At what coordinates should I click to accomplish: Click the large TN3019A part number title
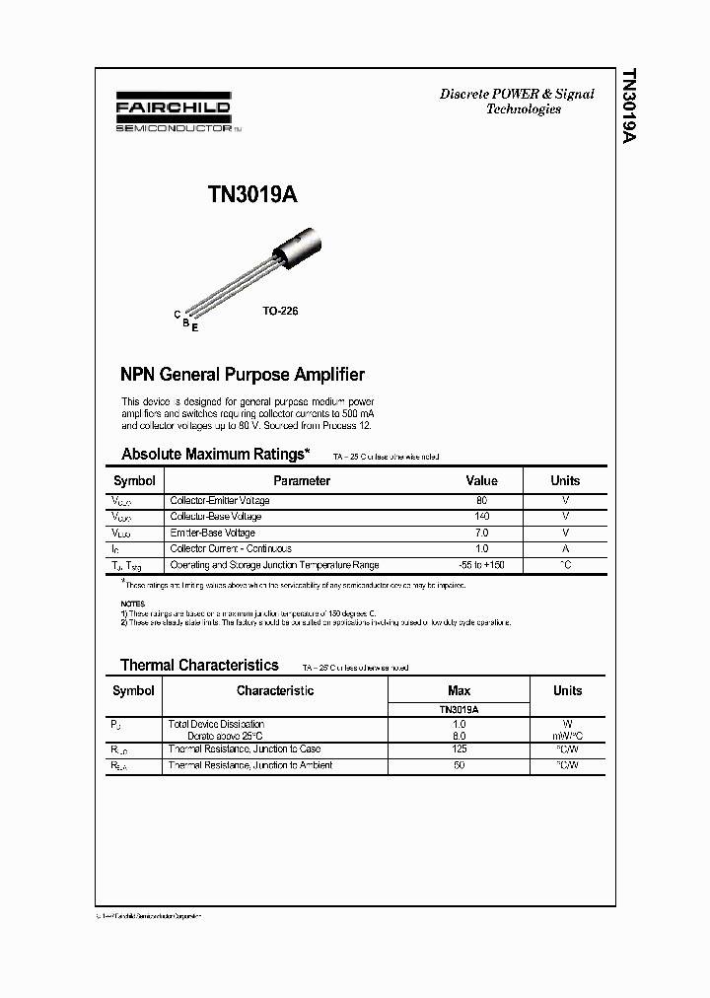click(x=252, y=195)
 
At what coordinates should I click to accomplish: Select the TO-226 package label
click(x=280, y=311)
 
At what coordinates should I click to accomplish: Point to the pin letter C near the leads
click(x=177, y=315)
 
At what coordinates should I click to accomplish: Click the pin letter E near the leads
click(x=195, y=327)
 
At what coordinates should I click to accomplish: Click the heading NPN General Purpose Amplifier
click(x=243, y=375)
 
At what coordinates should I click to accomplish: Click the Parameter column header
click(x=302, y=481)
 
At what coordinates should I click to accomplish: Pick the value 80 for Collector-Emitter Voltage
click(x=481, y=501)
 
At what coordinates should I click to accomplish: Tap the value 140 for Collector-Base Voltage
click(x=481, y=517)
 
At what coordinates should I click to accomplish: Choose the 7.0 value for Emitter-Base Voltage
click(x=481, y=533)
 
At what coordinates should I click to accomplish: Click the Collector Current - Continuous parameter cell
click(x=231, y=548)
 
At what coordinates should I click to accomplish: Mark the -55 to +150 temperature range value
click(x=481, y=565)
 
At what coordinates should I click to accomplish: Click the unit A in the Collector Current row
click(x=565, y=548)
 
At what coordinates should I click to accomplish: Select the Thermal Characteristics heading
click(x=199, y=666)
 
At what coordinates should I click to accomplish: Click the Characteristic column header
click(x=275, y=691)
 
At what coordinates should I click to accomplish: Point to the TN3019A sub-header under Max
click(x=459, y=709)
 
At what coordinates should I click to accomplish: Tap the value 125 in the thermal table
click(x=459, y=749)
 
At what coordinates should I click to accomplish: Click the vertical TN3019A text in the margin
click(x=629, y=107)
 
